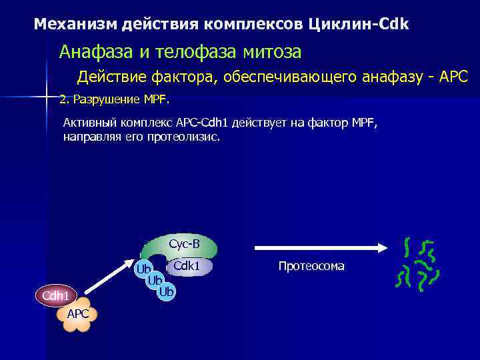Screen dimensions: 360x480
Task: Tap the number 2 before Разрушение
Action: pyautogui.click(x=62, y=100)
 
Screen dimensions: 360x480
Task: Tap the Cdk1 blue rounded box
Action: pyautogui.click(x=187, y=266)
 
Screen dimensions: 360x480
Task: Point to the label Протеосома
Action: pyautogui.click(x=311, y=267)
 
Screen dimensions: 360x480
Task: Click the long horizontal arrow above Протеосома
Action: pyautogui.click(x=320, y=247)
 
